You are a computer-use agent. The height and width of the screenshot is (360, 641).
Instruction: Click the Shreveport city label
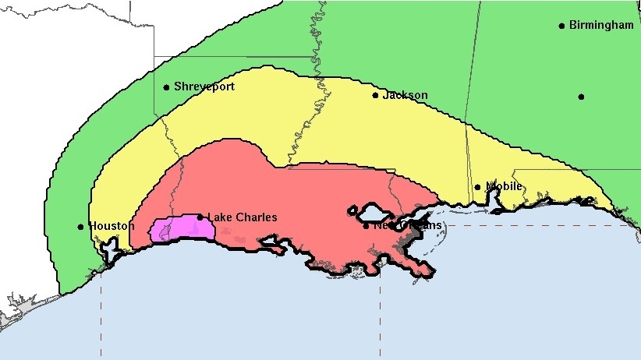coord(204,86)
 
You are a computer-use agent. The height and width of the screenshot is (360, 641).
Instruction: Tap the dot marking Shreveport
coord(166,87)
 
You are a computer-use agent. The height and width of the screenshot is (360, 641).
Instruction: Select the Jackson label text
coord(405,95)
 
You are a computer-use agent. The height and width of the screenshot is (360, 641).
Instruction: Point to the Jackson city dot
coord(375,96)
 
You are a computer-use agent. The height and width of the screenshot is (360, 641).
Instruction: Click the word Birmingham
coord(601,25)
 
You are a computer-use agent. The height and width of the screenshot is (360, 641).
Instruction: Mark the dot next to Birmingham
coord(561,26)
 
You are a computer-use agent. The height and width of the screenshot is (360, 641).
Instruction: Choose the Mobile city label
coord(504,186)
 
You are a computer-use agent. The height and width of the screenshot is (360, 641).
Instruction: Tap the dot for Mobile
coord(477,187)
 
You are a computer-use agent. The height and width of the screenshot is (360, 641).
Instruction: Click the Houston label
coord(112,226)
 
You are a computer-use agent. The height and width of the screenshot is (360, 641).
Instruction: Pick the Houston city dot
coord(80,227)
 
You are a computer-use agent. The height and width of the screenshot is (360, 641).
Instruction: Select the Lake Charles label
coord(242,217)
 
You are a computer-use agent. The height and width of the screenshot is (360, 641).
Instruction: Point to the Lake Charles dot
coord(200,217)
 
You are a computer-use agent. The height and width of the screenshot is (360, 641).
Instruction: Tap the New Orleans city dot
coord(367,226)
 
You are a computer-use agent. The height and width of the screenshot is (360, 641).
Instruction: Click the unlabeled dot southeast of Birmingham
coord(581,97)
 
